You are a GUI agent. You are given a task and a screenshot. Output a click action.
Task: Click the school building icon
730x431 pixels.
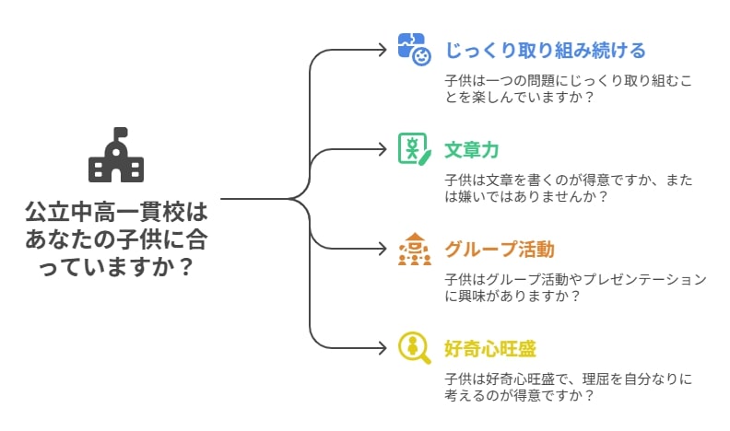[116, 155]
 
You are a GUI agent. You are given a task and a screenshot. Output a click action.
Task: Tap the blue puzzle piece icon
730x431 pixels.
[414, 50]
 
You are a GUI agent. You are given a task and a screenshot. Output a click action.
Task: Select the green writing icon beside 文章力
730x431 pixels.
[415, 149]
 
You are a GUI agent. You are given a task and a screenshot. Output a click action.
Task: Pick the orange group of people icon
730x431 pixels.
[415, 249]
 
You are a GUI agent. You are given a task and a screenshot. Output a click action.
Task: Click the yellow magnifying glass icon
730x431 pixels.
[415, 348]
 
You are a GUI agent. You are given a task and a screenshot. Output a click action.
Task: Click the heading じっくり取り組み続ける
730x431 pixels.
[545, 51]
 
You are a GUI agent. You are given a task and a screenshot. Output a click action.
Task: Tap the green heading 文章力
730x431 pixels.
[472, 150]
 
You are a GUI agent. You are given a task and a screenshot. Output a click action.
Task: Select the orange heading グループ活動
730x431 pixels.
[500, 250]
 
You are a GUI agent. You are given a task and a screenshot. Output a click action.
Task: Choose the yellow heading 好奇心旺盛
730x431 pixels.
[490, 349]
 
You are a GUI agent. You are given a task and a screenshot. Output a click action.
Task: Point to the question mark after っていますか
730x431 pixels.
[186, 266]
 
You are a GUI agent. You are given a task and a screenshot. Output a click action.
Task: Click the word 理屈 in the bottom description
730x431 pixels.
[596, 379]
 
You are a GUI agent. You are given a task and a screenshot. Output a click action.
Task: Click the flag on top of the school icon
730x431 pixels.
[119, 132]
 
